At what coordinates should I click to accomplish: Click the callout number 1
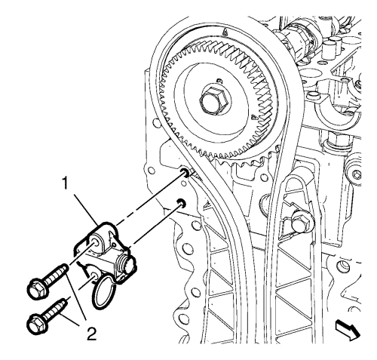pyautogui.click(x=66, y=183)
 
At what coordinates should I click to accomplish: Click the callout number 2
pyautogui.click(x=92, y=334)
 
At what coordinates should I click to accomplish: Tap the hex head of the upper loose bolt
pyautogui.click(x=37, y=290)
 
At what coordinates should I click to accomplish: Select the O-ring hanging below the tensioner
pyautogui.click(x=104, y=292)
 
